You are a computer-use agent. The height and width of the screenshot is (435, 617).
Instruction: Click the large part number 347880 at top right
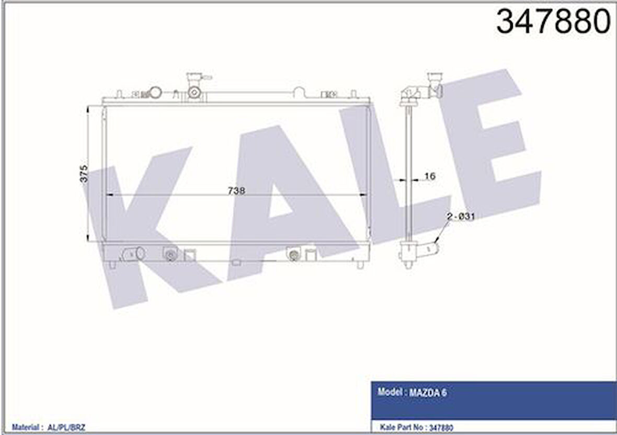click(x=553, y=22)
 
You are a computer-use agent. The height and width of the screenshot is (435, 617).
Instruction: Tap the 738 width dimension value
click(x=236, y=190)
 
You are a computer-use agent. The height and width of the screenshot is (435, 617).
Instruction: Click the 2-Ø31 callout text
click(x=460, y=216)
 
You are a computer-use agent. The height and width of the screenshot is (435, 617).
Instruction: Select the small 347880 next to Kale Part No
click(x=440, y=428)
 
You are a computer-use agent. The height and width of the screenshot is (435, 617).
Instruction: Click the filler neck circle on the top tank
click(x=195, y=93)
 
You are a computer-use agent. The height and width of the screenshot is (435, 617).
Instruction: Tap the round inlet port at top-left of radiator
click(x=155, y=93)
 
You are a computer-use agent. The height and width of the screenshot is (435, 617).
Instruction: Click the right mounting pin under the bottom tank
click(x=360, y=265)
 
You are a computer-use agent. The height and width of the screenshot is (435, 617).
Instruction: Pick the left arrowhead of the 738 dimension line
click(x=109, y=194)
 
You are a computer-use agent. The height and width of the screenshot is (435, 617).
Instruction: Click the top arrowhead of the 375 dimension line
click(x=88, y=108)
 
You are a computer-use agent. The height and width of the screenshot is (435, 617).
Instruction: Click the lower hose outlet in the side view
click(x=430, y=245)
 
